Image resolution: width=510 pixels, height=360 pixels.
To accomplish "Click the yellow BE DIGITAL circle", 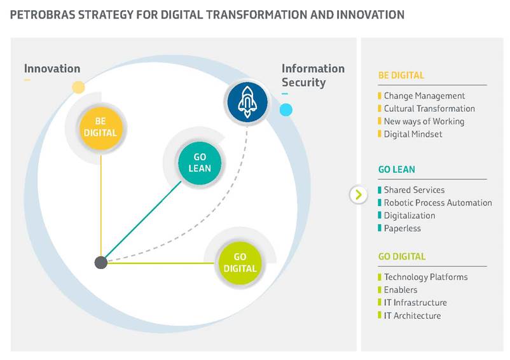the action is click(x=101, y=127).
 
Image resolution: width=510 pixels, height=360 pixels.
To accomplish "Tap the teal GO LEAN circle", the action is click(x=200, y=163).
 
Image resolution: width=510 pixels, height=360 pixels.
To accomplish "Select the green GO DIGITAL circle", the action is click(x=240, y=263).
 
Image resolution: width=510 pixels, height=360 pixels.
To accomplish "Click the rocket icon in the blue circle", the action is click(x=247, y=101).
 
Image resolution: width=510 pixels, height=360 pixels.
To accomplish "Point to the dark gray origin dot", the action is click(x=101, y=263).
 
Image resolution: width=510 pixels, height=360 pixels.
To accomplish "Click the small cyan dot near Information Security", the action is click(x=286, y=110).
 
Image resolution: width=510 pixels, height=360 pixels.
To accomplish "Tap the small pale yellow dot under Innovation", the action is click(x=78, y=87).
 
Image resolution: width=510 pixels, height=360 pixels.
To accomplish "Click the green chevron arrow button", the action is click(x=359, y=195).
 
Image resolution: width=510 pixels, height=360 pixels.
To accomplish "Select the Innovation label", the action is click(x=52, y=69).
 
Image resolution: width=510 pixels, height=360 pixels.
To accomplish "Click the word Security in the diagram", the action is click(x=303, y=83).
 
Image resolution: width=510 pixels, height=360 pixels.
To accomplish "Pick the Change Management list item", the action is click(x=424, y=96).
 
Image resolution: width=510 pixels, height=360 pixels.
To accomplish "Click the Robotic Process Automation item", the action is click(x=438, y=203).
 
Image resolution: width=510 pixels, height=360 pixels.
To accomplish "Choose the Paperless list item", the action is click(x=403, y=228).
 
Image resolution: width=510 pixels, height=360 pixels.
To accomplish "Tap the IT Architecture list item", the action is click(x=413, y=315).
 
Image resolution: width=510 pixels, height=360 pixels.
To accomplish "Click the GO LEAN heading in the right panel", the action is click(x=396, y=169).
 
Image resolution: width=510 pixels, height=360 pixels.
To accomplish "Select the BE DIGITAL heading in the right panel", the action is click(x=401, y=76).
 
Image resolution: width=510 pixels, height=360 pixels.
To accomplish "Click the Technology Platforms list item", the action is click(x=426, y=277).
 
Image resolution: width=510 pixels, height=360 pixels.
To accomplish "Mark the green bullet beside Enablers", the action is click(x=379, y=289).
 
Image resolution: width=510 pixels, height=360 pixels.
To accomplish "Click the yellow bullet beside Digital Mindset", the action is click(x=379, y=134).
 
